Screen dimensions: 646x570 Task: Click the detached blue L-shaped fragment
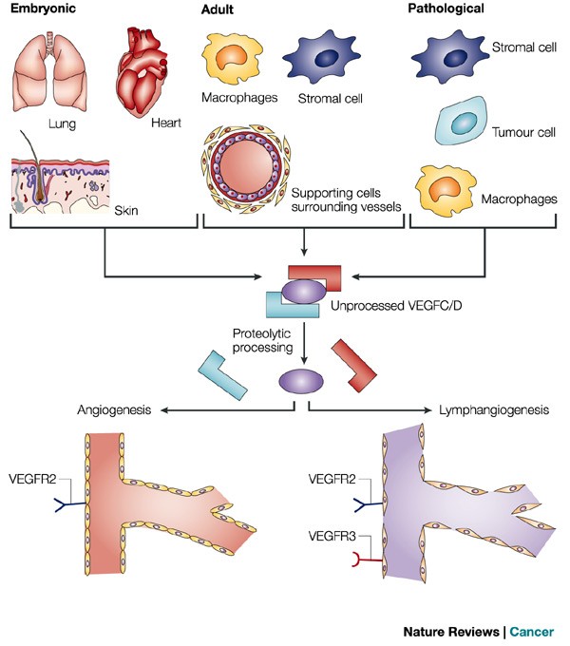tap(223, 373)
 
